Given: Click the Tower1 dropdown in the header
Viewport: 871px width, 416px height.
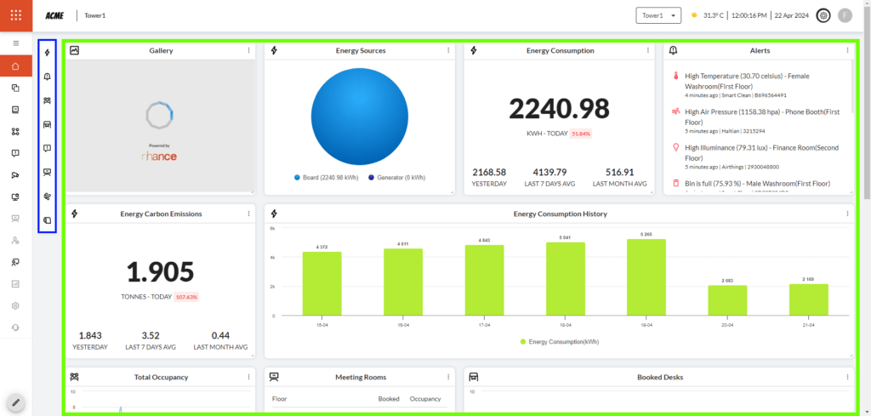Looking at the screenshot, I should pyautogui.click(x=658, y=15).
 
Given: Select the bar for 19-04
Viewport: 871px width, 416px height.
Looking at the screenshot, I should pyautogui.click(x=646, y=277).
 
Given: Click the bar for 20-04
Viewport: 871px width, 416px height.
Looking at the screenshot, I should pyautogui.click(x=727, y=300).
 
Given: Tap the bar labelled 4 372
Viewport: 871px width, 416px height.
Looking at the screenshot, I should pyautogui.click(x=322, y=283).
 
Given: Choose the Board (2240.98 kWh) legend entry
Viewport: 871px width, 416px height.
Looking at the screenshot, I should pyautogui.click(x=328, y=178).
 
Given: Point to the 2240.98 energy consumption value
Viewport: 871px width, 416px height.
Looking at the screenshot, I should pyautogui.click(x=559, y=109).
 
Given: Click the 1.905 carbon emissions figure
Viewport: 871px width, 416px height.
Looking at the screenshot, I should pyautogui.click(x=160, y=271).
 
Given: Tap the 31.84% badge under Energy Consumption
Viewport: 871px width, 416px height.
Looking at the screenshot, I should pyautogui.click(x=581, y=134).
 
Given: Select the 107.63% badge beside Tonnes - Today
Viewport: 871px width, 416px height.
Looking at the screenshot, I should pyautogui.click(x=186, y=297).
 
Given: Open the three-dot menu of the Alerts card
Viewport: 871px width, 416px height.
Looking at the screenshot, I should pyautogui.click(x=848, y=51).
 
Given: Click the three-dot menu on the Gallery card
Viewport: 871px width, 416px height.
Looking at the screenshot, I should pyautogui.click(x=248, y=51).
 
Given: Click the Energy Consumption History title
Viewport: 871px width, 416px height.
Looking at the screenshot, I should pyautogui.click(x=560, y=214).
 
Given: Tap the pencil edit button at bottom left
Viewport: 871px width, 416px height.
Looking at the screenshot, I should pyautogui.click(x=15, y=402).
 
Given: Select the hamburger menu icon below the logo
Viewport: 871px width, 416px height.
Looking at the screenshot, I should pyautogui.click(x=15, y=43).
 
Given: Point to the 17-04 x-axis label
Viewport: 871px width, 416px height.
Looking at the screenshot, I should pyautogui.click(x=484, y=325).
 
